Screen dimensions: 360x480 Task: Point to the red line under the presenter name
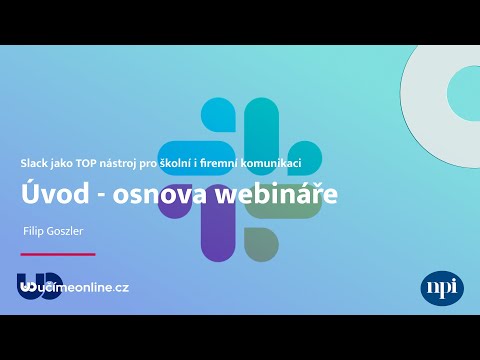click(58, 254)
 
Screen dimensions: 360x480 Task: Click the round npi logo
click(442, 287)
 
